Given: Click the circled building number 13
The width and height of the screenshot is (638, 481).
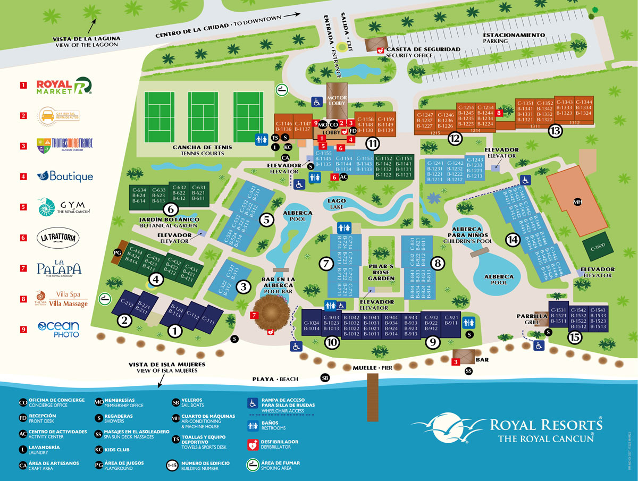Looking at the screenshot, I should coord(555,131).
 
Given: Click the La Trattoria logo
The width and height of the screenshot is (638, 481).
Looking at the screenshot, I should coord(58,238).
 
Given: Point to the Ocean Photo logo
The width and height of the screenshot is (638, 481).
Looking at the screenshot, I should coord(58,329).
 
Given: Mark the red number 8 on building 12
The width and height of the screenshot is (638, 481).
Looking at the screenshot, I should coord(499,113).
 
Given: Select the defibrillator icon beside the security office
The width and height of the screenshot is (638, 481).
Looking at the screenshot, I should coord(380,50).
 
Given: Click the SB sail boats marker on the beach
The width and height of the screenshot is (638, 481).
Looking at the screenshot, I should coord(325,377).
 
